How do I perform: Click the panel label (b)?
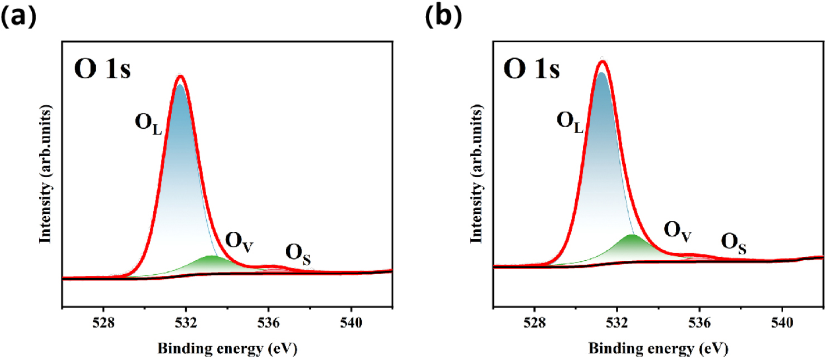(x=444, y=17)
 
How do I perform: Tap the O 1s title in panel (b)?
(x=532, y=71)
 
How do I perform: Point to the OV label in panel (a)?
(x=239, y=241)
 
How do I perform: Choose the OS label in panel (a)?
(x=298, y=254)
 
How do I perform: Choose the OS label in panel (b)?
(x=733, y=243)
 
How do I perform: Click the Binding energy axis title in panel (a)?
(x=226, y=349)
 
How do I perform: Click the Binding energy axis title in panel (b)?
(x=657, y=349)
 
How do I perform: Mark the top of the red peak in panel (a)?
(x=180, y=76)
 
